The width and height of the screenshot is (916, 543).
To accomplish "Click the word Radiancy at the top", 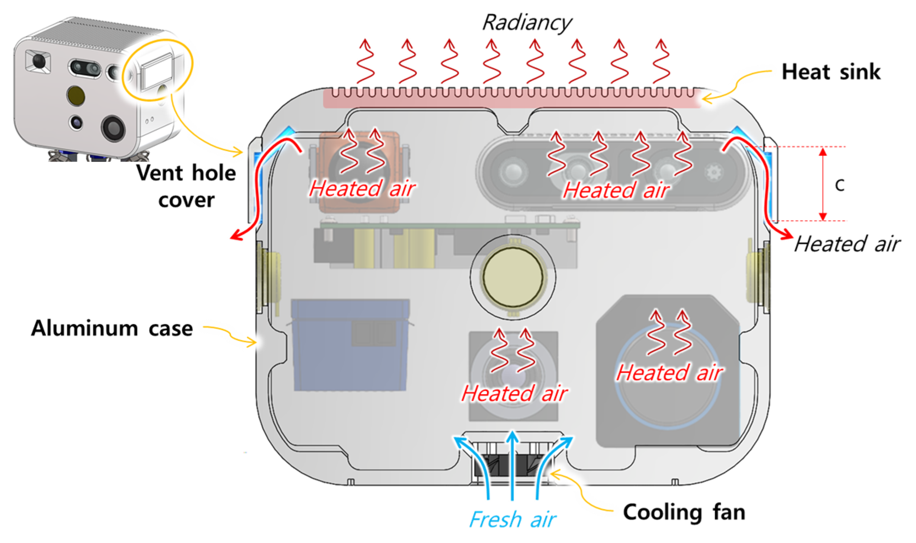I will coord(527,23).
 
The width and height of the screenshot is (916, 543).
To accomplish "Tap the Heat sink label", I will coord(831,72).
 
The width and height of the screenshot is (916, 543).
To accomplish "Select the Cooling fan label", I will coord(684,512).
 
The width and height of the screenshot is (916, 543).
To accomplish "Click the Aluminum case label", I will coord(112,328).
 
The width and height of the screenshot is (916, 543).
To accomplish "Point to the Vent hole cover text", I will coord(186,186).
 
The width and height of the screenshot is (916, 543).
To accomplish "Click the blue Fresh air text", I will coord(512,519).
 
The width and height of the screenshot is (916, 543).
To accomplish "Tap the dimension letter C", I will coord(839,185).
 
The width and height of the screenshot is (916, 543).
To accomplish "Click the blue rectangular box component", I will coord(350,345).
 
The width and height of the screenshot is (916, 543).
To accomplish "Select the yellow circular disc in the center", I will coord(512,277).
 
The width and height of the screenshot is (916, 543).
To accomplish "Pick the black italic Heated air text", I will coord(847,244).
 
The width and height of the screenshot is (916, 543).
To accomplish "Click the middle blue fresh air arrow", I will coord(512,465).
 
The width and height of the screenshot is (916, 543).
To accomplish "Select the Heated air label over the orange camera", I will coord(362,188).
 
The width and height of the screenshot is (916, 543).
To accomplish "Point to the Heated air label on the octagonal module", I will coord(669,372).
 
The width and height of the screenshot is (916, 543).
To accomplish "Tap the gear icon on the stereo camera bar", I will coord(714,172).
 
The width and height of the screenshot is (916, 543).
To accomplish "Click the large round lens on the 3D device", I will coord(113,128).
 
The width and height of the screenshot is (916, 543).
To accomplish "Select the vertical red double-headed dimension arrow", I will coord(823,184).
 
